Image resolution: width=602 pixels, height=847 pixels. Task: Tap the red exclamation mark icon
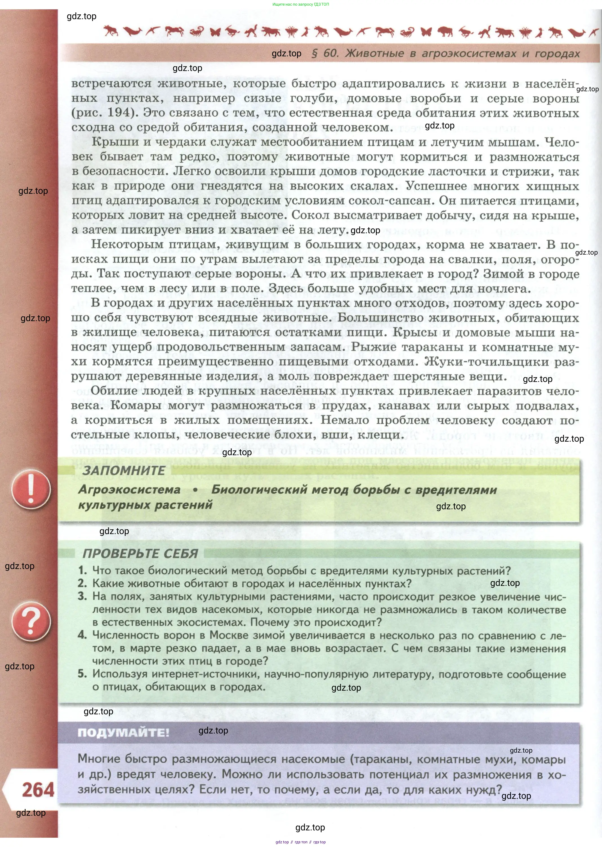point(31,489)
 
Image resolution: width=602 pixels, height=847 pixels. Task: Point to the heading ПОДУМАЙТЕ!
point(123,732)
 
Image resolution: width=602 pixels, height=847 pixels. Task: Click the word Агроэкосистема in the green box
point(129,490)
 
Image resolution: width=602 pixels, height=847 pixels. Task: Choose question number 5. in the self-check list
point(82,673)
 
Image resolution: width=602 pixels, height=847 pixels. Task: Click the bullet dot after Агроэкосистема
point(195,490)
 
